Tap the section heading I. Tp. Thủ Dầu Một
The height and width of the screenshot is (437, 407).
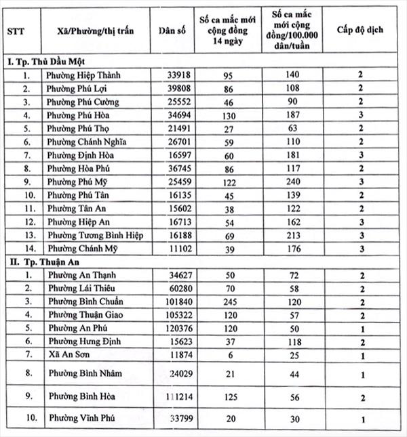click(x=47, y=62)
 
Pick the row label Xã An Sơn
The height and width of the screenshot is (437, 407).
click(x=66, y=354)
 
